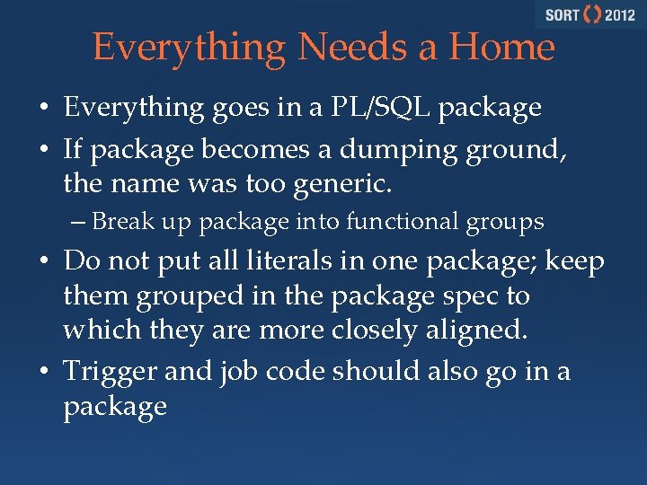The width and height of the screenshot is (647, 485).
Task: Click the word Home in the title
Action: point(502,47)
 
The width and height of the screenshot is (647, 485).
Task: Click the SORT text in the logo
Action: point(562,15)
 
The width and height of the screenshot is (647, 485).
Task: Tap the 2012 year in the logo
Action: point(619,15)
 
